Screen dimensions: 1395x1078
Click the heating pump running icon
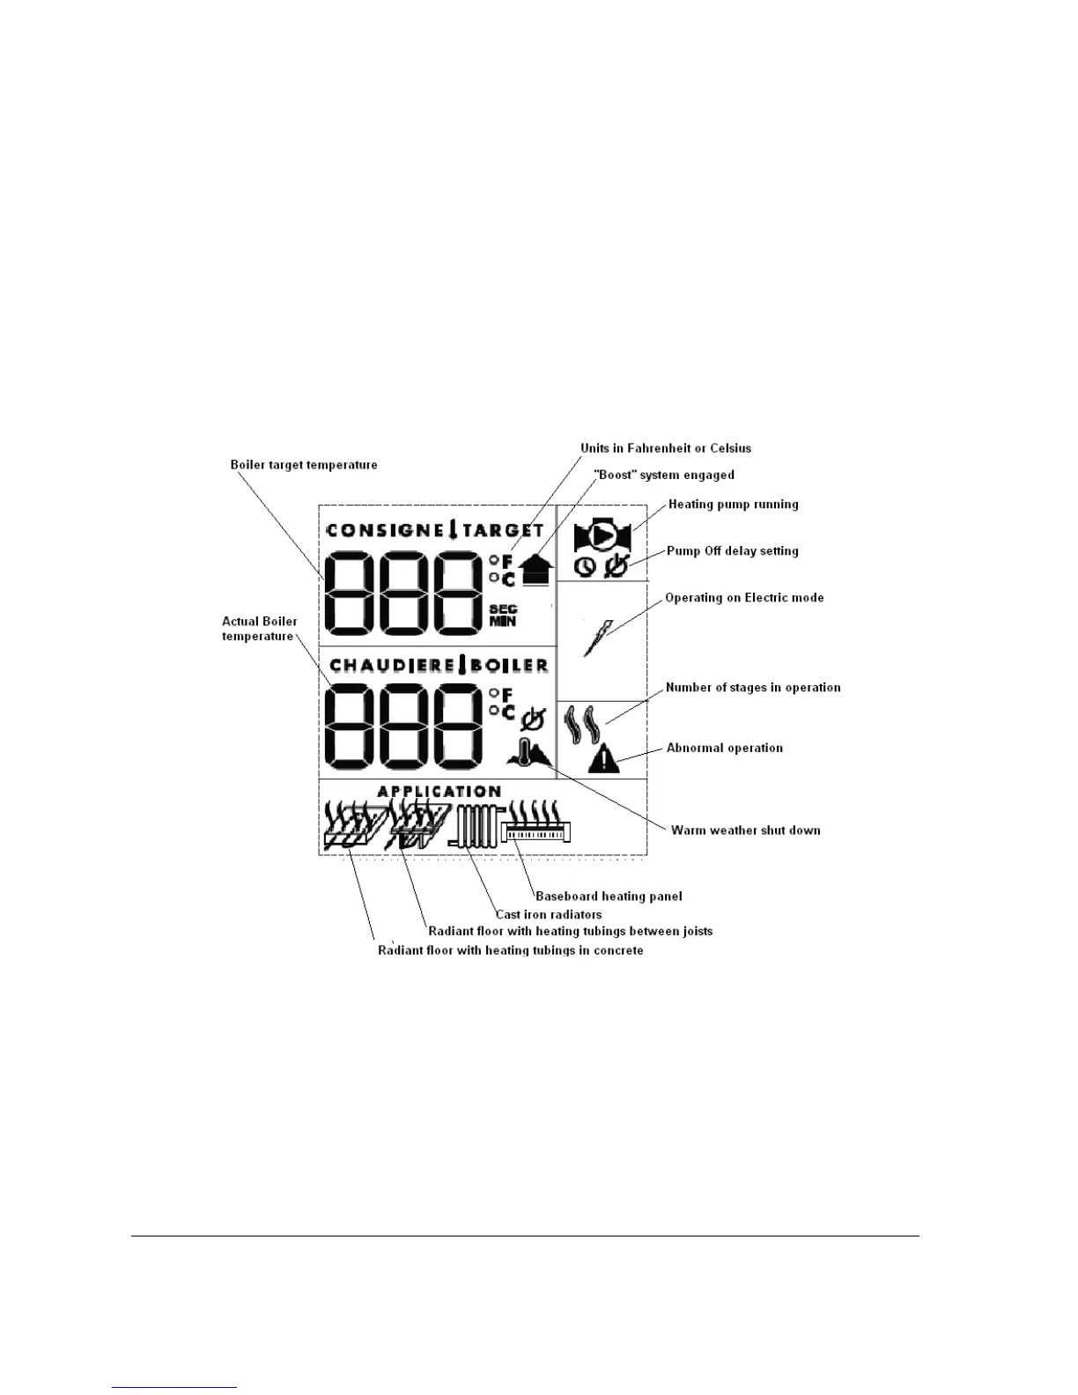[602, 536]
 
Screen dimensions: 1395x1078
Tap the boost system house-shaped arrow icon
[536, 570]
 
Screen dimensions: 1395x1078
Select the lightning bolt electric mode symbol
[596, 638]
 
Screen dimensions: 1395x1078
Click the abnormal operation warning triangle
[604, 758]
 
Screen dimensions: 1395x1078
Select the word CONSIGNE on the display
[385, 530]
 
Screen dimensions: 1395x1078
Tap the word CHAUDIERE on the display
[390, 665]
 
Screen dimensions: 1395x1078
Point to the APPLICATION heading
[439, 791]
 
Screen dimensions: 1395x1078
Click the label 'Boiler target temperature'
[304, 465]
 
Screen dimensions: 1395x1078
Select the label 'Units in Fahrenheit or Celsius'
[666, 448]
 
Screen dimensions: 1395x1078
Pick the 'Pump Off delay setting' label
[732, 551]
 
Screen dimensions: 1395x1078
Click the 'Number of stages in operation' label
[753, 688]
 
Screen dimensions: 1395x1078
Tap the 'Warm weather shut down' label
[745, 830]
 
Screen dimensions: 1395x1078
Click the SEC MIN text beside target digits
[503, 615]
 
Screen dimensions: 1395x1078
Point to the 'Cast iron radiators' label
[549, 915]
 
